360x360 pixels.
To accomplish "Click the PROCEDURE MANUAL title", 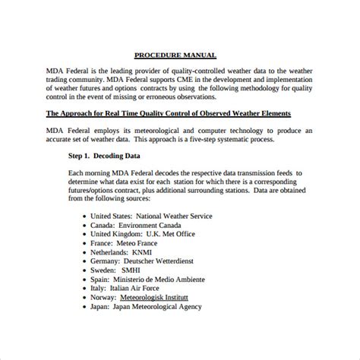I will tap(175, 55).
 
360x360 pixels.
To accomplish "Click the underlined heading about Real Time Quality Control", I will tap(179, 114).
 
